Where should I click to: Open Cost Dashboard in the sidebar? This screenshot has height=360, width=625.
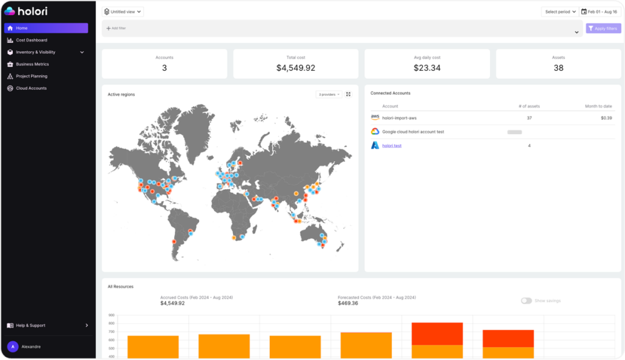click(32, 40)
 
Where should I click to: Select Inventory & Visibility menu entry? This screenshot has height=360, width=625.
click(35, 52)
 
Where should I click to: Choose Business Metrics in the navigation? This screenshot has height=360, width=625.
click(32, 64)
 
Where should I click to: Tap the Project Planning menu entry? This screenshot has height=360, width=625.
click(32, 76)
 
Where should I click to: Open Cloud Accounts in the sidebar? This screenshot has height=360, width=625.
click(31, 88)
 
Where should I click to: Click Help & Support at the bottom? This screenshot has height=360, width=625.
click(31, 325)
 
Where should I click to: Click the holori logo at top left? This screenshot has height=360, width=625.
click(26, 11)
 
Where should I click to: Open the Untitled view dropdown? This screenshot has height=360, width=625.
click(123, 12)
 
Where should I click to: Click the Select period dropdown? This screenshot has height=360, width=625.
click(559, 12)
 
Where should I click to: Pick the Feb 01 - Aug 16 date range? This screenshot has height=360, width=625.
click(599, 12)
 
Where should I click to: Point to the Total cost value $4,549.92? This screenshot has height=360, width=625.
click(295, 68)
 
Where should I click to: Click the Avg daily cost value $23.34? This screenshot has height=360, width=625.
click(427, 68)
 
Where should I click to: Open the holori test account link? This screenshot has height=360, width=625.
click(392, 146)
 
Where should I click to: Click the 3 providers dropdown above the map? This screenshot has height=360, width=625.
click(329, 95)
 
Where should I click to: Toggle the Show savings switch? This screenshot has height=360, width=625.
click(526, 301)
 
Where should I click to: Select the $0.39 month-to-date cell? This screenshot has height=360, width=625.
click(606, 118)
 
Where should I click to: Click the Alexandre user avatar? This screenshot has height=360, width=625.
click(12, 346)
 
